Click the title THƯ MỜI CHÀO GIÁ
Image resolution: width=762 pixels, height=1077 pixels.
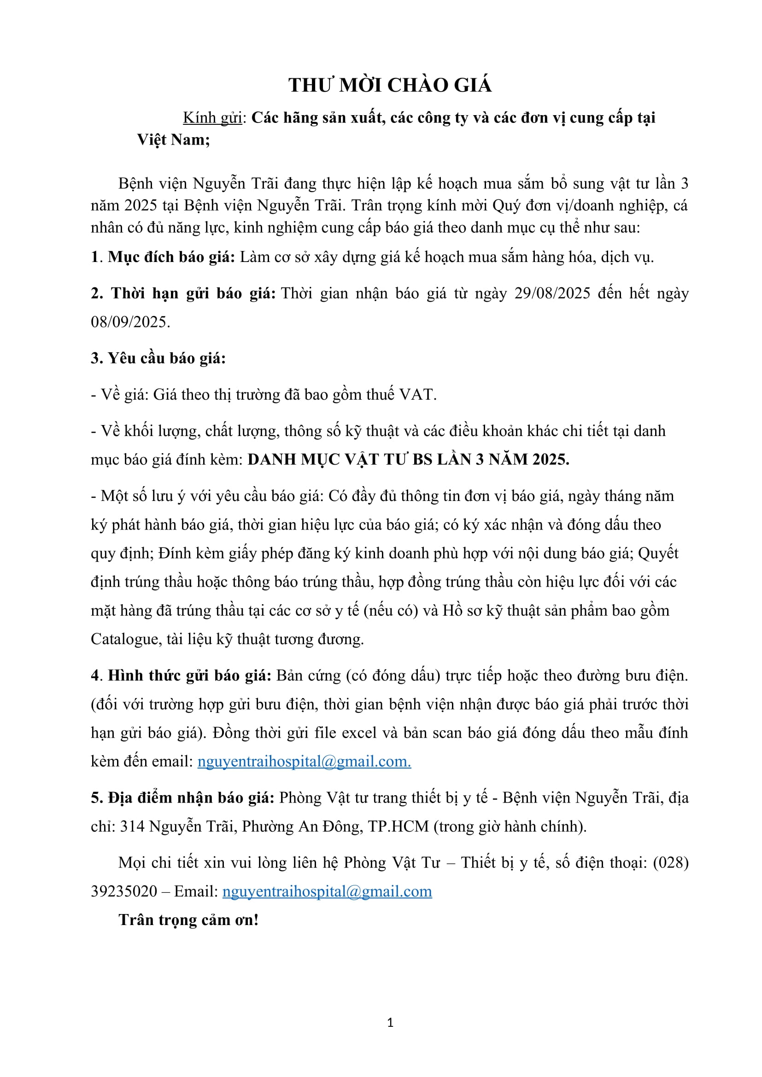click(x=390, y=85)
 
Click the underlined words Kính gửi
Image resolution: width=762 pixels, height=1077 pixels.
click(x=212, y=118)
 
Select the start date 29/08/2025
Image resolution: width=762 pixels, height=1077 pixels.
click(x=552, y=294)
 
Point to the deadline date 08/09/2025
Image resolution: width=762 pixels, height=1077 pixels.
click(x=130, y=322)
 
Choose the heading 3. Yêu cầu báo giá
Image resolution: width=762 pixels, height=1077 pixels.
click(x=158, y=358)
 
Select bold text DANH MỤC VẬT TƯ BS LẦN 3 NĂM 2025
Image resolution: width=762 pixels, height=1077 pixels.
click(x=408, y=459)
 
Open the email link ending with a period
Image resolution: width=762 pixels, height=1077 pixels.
click(x=304, y=761)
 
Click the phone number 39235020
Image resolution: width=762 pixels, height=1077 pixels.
click(x=124, y=891)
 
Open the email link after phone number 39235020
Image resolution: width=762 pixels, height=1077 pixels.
click(x=327, y=891)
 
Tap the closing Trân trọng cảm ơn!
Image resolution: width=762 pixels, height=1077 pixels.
click(x=188, y=920)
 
